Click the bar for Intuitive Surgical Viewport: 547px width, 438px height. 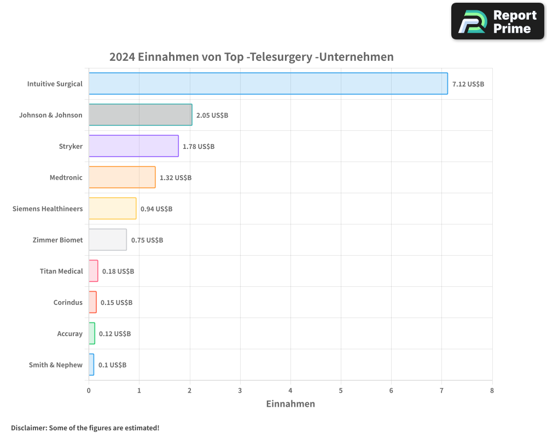[x=268, y=84]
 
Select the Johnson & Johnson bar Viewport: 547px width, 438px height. [x=140, y=115]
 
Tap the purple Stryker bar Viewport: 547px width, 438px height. [x=133, y=146]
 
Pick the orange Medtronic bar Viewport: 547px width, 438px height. [x=122, y=177]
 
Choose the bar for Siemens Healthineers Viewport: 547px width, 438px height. [x=112, y=209]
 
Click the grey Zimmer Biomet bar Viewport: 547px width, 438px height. [x=108, y=240]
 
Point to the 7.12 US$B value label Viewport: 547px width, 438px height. [x=468, y=84]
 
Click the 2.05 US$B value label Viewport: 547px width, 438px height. [x=212, y=116]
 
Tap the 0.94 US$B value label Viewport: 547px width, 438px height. [x=156, y=209]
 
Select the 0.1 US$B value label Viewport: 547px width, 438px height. [x=112, y=365]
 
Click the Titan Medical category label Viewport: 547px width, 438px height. [x=61, y=271]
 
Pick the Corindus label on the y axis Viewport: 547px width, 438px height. [x=68, y=302]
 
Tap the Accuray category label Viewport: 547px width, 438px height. [x=70, y=333]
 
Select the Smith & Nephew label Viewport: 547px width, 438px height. [x=56, y=365]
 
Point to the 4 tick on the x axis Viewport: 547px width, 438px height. [x=290, y=390]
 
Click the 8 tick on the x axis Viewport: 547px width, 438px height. [x=492, y=390]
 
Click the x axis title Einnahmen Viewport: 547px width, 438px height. [x=290, y=404]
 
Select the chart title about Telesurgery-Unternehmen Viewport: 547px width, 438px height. [x=252, y=57]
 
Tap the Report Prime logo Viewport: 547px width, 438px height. [x=497, y=21]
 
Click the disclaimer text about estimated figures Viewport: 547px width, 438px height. [x=85, y=428]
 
